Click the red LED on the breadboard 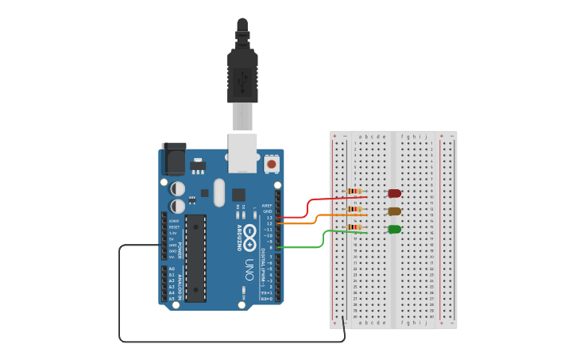(x=394, y=193)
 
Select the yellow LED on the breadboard (x=394, y=211)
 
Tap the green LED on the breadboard (x=394, y=230)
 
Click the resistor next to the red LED (x=355, y=192)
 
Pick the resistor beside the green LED (x=355, y=227)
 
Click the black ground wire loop (x=230, y=342)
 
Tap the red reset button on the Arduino (x=272, y=165)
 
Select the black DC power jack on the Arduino (x=172, y=159)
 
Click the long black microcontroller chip (x=195, y=257)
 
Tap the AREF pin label (x=267, y=205)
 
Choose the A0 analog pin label (x=172, y=269)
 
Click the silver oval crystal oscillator (x=219, y=192)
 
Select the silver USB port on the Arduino (x=242, y=153)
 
